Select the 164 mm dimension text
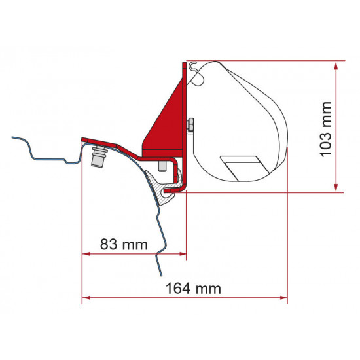(192, 287)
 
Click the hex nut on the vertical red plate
(190, 124)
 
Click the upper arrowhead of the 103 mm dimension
(337, 65)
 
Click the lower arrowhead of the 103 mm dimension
(337, 188)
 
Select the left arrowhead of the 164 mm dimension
(86, 298)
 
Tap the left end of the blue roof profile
(12, 138)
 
